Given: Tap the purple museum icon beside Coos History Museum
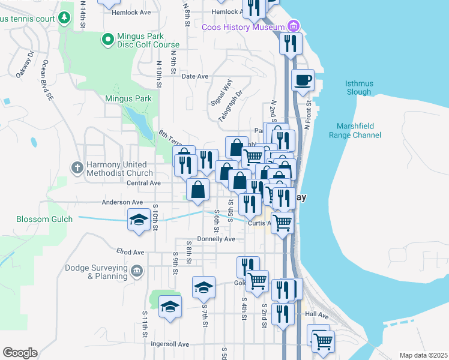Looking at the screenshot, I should (x=293, y=26).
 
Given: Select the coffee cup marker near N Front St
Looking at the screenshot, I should (x=303, y=80).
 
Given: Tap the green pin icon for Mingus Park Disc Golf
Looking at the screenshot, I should (x=108, y=40).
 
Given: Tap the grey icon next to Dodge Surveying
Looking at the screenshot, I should (x=137, y=272).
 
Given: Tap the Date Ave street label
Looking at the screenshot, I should (x=194, y=76).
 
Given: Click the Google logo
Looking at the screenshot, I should (x=20, y=353).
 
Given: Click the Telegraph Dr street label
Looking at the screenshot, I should (x=230, y=106).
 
